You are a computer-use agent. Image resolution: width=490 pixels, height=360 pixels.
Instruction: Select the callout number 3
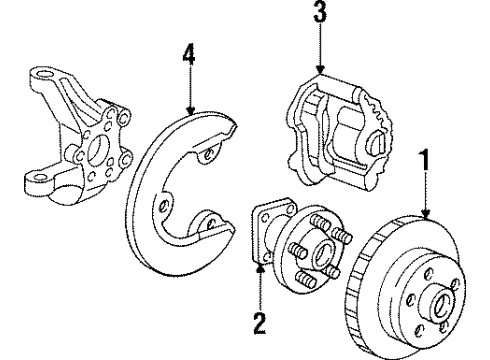[x=319, y=15]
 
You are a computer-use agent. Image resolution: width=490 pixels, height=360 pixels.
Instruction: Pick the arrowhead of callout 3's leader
[x=319, y=72]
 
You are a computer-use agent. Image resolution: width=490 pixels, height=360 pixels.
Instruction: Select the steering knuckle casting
[x=80, y=130]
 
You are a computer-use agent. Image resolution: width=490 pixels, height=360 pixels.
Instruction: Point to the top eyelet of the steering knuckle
[x=44, y=76]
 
